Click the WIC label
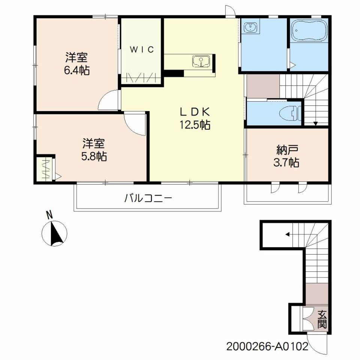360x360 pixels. (x=142, y=49)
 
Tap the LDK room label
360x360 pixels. (x=195, y=112)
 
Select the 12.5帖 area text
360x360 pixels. (x=195, y=125)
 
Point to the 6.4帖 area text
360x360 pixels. (x=76, y=70)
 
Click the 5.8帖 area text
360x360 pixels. (x=94, y=157)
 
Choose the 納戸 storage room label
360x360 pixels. (x=287, y=150)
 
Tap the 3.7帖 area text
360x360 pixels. (x=286, y=163)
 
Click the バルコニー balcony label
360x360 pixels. (x=148, y=198)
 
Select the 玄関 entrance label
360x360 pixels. (x=322, y=319)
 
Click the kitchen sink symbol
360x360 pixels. (x=201, y=61)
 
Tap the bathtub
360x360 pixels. (x=309, y=30)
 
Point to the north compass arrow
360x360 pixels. (x=56, y=233)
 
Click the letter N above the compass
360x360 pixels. (x=49, y=215)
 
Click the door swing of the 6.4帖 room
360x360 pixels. (x=108, y=100)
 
